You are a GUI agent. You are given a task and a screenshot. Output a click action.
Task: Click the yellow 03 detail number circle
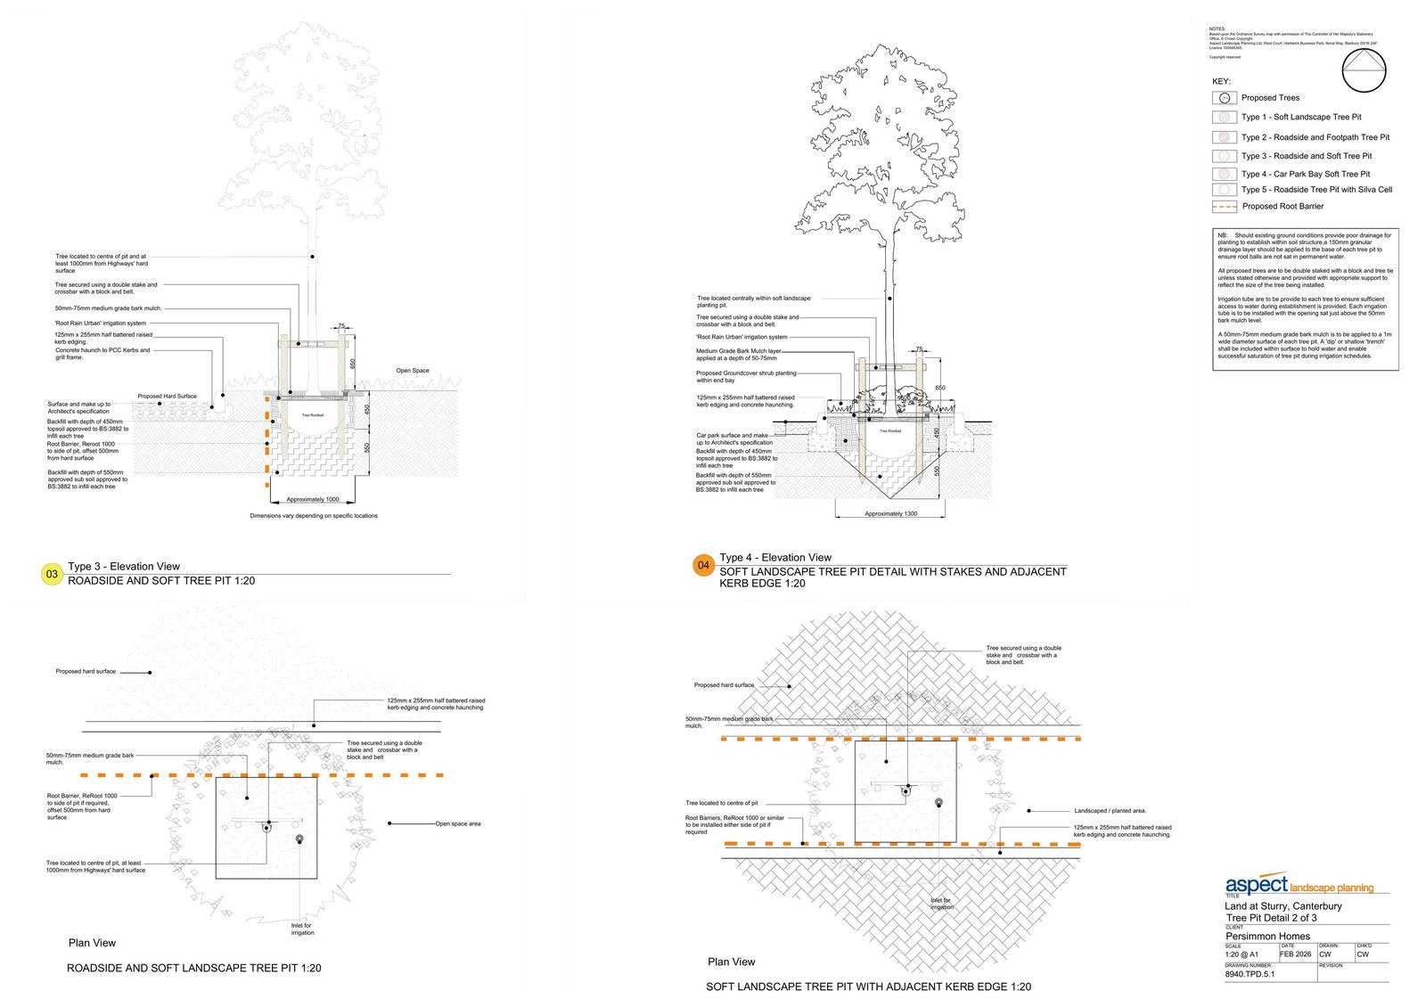[52, 575]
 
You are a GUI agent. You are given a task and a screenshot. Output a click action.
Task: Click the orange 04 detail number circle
[703, 566]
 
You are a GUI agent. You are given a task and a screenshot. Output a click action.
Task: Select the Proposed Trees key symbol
[1225, 98]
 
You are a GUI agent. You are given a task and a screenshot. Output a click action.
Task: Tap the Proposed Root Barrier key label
[1283, 207]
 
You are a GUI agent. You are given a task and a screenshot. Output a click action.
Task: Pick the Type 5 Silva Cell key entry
[1315, 190]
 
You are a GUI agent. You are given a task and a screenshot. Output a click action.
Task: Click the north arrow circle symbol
[1365, 70]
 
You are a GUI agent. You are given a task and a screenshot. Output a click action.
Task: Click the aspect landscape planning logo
[1299, 886]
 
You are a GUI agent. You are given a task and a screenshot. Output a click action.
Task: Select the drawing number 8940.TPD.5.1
[1250, 974]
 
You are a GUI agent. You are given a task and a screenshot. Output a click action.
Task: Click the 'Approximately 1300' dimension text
[890, 514]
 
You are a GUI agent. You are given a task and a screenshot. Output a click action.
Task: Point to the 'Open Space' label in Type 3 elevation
[413, 371]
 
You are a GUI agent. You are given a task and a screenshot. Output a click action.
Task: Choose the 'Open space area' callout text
[458, 823]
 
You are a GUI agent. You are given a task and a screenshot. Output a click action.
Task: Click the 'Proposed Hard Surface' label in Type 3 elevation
[167, 397]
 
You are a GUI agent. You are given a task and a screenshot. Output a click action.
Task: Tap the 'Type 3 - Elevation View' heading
[124, 567]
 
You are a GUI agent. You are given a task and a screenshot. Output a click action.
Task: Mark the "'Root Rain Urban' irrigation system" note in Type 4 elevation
[742, 338]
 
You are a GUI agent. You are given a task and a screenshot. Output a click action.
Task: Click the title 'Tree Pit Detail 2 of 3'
[1271, 918]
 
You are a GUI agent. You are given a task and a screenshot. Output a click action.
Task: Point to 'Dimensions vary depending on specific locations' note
[313, 516]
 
